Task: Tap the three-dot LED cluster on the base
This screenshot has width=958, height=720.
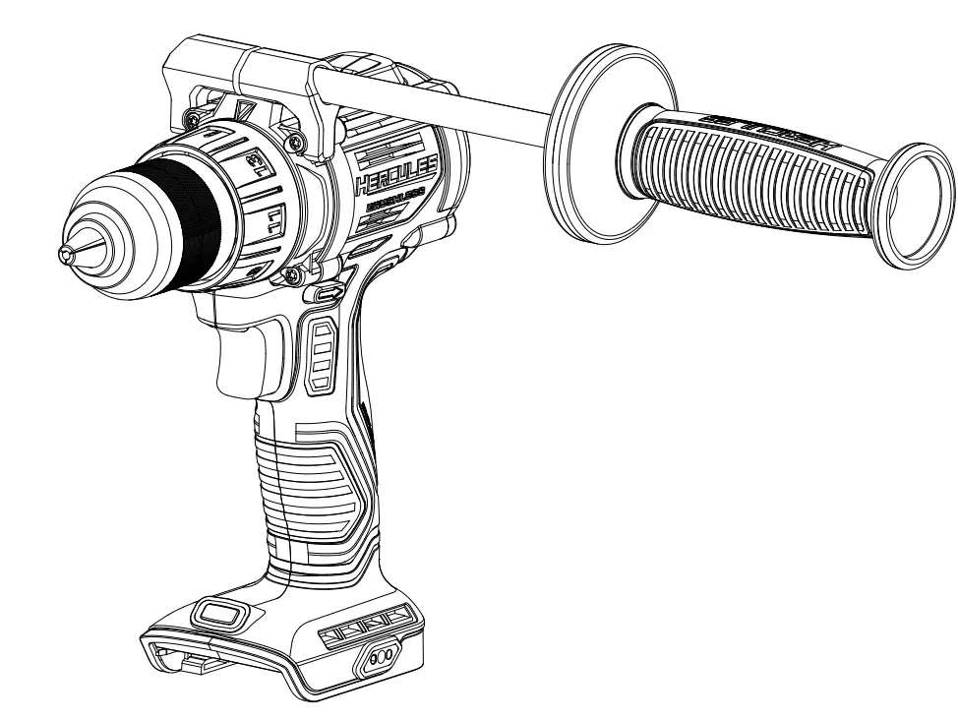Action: point(383,656)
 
